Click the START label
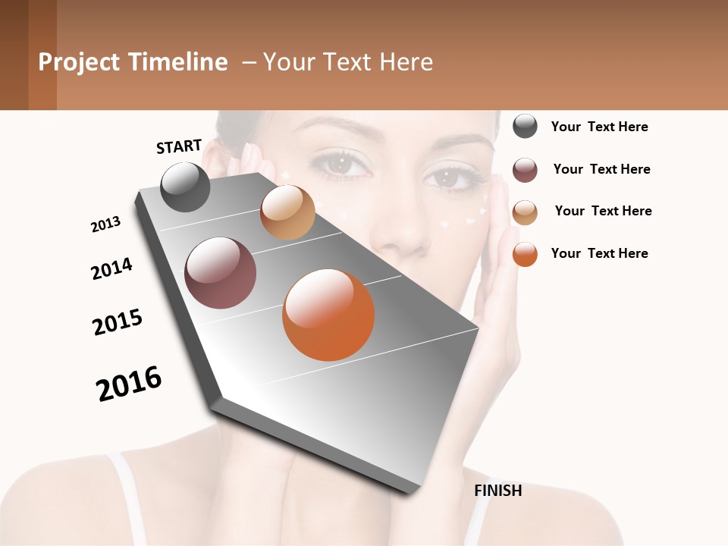coord(179,146)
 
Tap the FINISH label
coord(498,491)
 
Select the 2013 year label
coord(105,224)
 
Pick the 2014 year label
coord(111,269)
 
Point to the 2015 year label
coord(118,322)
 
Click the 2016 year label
coord(129,384)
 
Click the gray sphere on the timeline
coord(186,187)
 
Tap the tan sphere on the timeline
coord(287,212)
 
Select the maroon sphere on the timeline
coord(221,273)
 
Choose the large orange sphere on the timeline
coord(328,314)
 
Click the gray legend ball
coord(525,126)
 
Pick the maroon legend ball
coord(525,170)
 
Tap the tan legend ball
coord(525,212)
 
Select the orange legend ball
coord(525,254)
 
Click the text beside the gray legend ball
coord(599,127)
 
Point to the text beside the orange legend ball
coord(599,253)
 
